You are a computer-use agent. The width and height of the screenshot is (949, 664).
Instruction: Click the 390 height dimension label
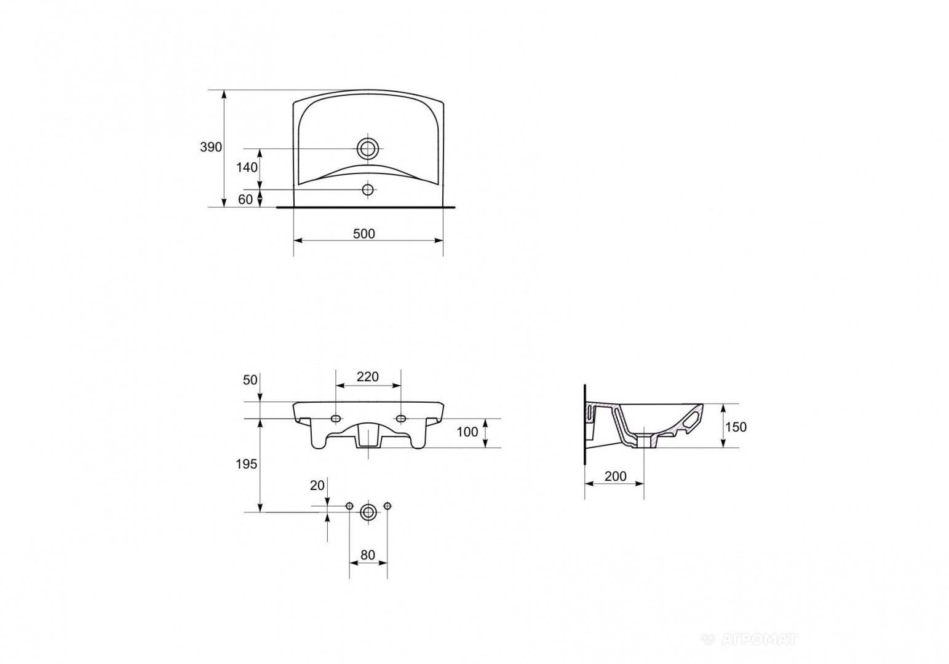(x=211, y=147)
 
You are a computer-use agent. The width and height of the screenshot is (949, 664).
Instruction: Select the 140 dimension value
(x=247, y=168)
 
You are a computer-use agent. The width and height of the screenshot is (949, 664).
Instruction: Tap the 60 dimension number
(x=245, y=199)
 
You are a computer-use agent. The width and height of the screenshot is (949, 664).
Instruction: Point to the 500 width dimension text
(x=364, y=234)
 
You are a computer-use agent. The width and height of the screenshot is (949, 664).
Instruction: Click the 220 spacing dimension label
(x=367, y=376)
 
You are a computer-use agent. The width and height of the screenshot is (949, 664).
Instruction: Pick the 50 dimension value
(x=250, y=381)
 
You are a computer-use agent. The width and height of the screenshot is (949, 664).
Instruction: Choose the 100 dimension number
(x=467, y=432)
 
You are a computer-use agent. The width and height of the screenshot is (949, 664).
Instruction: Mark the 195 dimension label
(x=247, y=465)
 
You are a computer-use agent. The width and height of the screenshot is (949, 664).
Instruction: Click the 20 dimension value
(x=317, y=486)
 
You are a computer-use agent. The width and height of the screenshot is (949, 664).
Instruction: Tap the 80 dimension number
(x=368, y=555)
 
